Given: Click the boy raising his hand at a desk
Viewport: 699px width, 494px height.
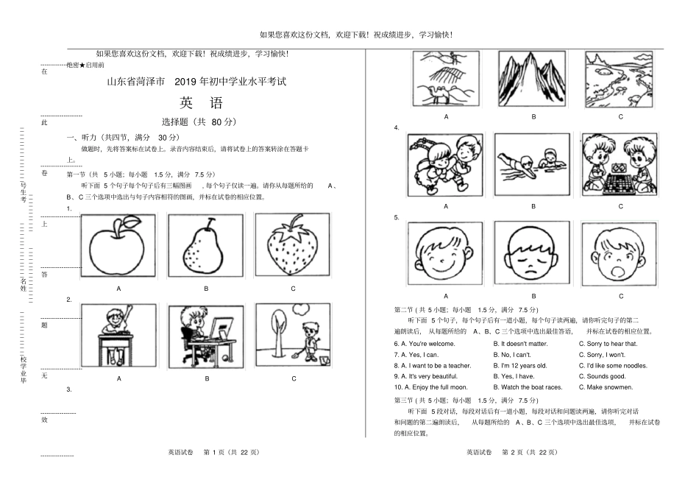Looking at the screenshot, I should (x=118, y=335).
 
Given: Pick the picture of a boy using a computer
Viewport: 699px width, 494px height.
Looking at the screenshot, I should (x=206, y=335).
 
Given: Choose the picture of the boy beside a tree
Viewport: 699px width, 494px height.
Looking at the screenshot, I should (x=293, y=335).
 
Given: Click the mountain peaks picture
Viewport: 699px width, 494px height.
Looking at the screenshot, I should (x=533, y=79).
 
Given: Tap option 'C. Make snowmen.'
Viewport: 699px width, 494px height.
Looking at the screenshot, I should (x=606, y=387).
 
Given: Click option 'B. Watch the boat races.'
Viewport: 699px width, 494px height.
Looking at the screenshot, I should (x=530, y=387).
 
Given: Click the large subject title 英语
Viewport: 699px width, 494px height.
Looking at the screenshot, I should (x=199, y=103).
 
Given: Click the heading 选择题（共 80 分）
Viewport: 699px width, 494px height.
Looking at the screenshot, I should (x=199, y=122).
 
